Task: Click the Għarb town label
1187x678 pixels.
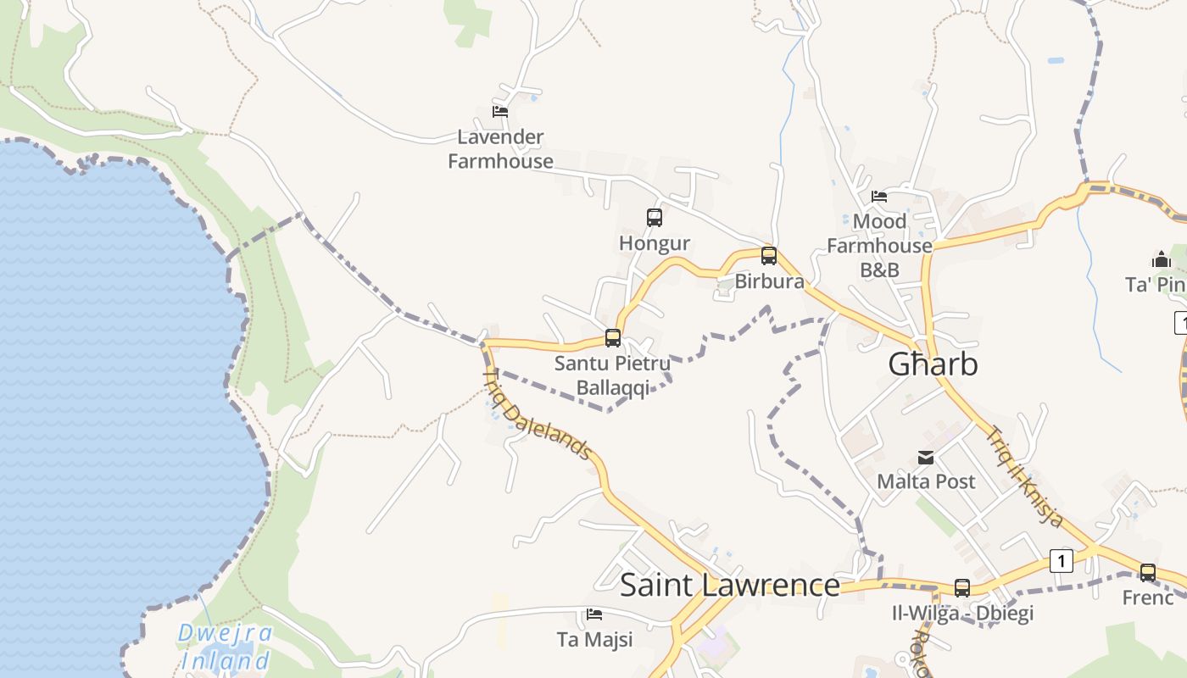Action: [x=933, y=364]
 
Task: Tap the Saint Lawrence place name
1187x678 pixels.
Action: [x=729, y=586]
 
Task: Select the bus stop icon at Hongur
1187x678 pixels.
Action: [x=655, y=218]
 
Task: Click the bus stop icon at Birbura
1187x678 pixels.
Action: [x=769, y=256]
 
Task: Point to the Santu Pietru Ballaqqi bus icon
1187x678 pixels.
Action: [x=613, y=338]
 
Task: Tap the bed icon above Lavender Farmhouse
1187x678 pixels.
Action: [x=500, y=111]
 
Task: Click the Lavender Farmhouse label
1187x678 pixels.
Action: [x=500, y=149]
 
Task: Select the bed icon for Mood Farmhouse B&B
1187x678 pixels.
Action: [x=879, y=197]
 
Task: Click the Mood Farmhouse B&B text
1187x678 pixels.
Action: [x=879, y=246]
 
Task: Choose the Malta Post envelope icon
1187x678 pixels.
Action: [x=926, y=458]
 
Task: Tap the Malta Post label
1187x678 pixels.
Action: [x=926, y=481]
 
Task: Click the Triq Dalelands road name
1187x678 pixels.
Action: [x=536, y=415]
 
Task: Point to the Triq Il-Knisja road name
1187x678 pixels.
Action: [x=1024, y=476]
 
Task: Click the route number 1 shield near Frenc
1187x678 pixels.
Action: [x=1061, y=560]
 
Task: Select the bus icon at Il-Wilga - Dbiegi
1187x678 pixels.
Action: [x=962, y=587]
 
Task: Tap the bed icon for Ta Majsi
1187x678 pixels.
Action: [x=594, y=614]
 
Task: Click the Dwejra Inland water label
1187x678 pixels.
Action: [x=226, y=647]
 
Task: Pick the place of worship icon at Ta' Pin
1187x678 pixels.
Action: [x=1162, y=259]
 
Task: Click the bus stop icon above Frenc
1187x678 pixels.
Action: [x=1147, y=572]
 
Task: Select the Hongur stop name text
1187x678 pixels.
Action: [x=655, y=244]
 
